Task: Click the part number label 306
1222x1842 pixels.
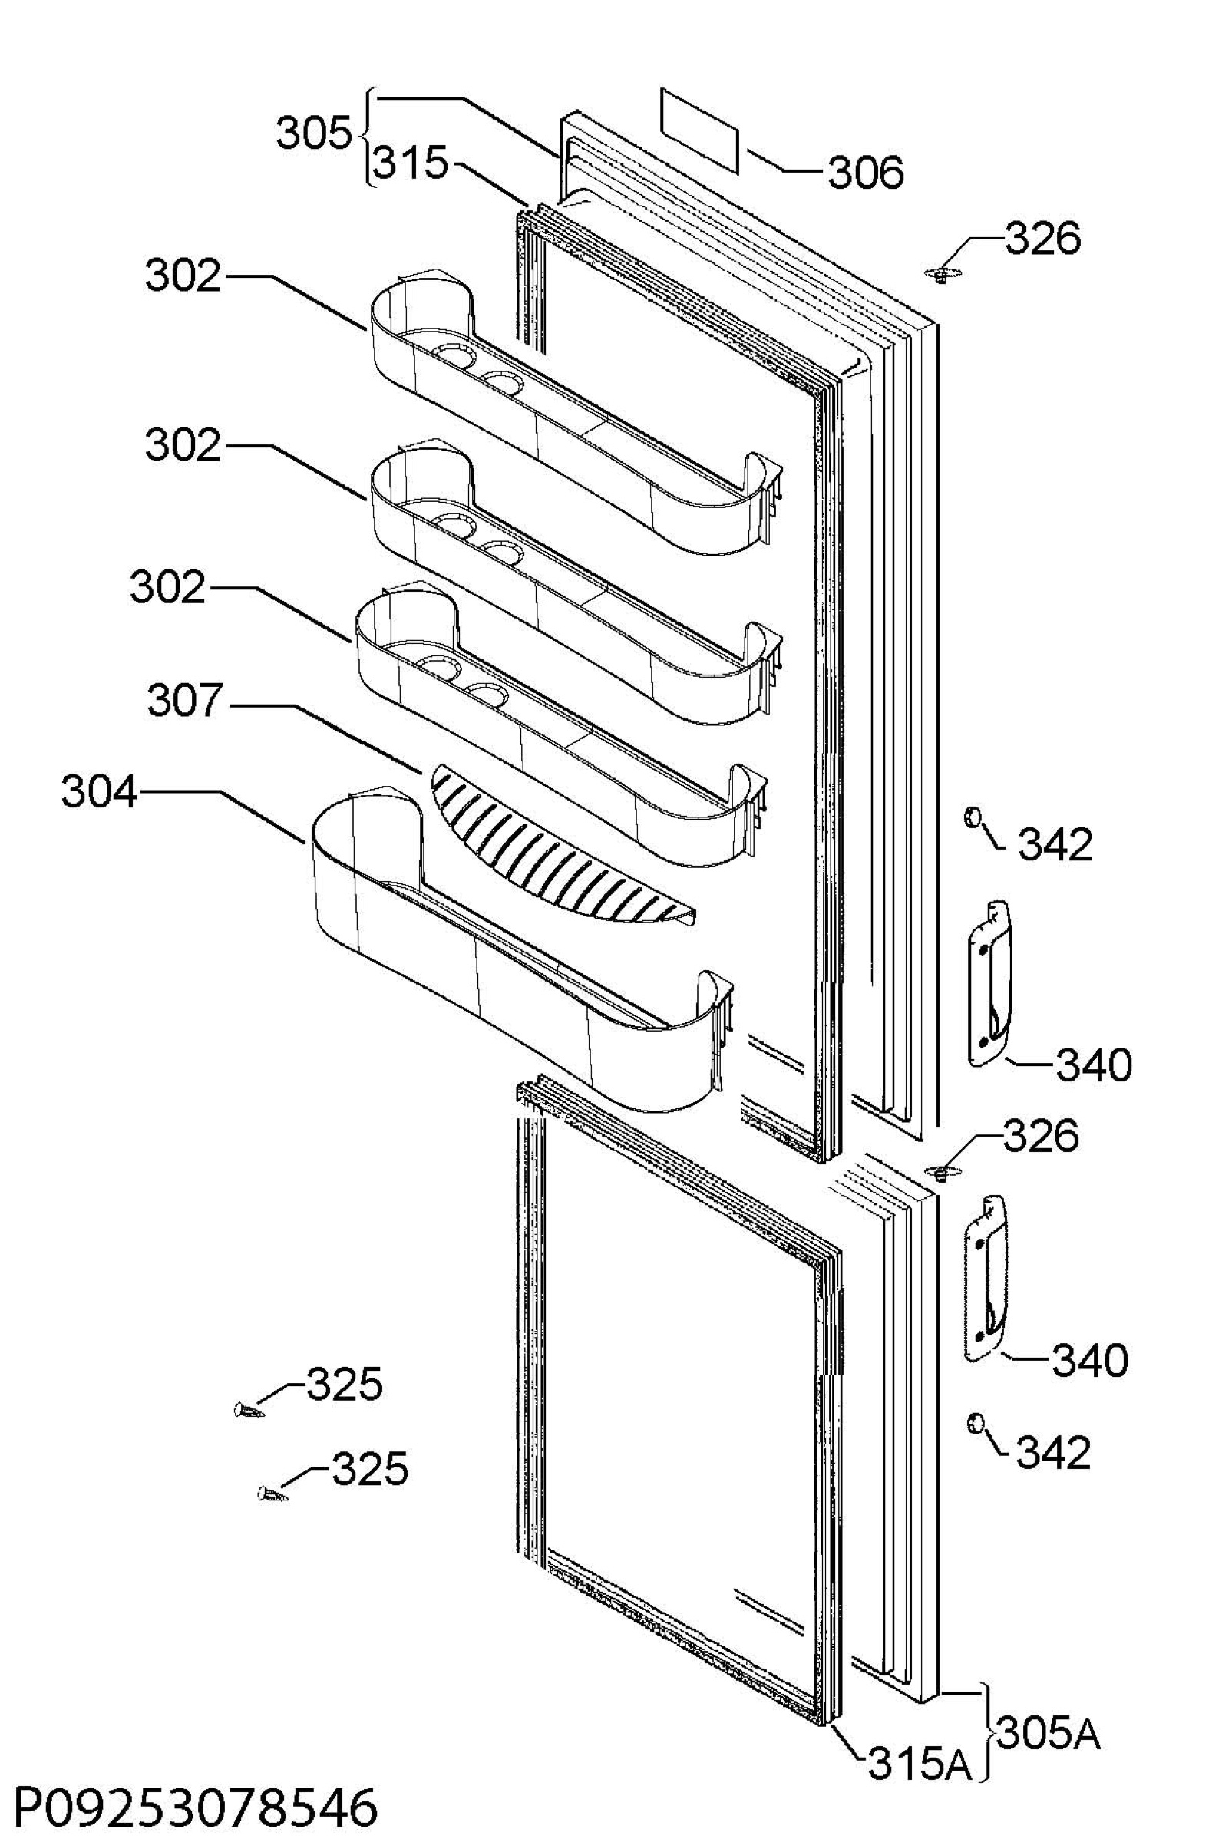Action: (x=865, y=172)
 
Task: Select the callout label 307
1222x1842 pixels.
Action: (x=186, y=701)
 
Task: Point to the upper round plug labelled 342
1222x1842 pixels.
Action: (x=972, y=817)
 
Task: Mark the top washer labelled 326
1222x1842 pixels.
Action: (x=943, y=274)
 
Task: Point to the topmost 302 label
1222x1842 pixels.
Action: (x=183, y=276)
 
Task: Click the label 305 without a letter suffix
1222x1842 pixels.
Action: (x=314, y=134)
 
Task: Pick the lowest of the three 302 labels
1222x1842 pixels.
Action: (x=167, y=587)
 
